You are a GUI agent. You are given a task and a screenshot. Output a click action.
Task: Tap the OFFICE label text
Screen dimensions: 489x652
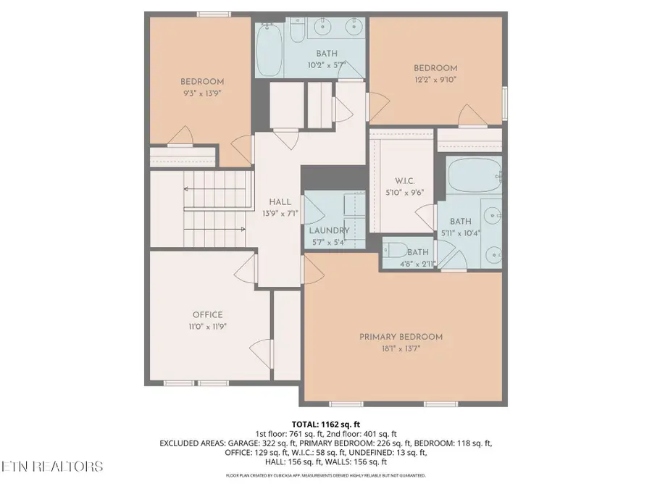click(x=207, y=315)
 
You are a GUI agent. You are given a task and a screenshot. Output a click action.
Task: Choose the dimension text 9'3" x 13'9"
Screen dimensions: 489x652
click(x=202, y=93)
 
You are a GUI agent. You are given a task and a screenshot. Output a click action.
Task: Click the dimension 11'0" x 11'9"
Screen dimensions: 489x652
click(x=207, y=327)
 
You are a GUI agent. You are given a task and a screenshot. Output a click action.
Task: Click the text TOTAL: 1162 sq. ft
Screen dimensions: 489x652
click(x=325, y=424)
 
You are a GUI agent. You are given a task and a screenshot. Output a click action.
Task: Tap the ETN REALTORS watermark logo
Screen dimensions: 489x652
click(x=52, y=466)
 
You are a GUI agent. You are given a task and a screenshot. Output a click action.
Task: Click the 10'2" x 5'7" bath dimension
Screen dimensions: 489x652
click(x=326, y=65)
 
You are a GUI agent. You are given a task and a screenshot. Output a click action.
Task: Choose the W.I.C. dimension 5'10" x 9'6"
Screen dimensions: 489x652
click(x=404, y=193)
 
